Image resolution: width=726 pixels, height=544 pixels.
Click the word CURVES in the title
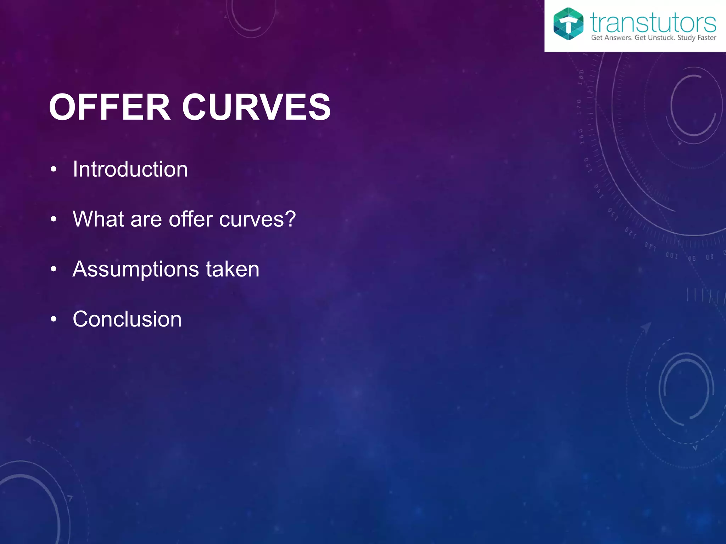click(x=256, y=107)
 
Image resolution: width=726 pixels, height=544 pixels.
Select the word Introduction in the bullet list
click(x=130, y=169)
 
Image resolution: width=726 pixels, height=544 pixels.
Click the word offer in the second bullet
click(x=190, y=219)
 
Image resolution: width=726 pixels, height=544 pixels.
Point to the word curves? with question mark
click(x=257, y=220)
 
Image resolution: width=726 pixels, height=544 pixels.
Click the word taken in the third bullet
click(x=233, y=269)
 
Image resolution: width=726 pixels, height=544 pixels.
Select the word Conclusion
click(x=127, y=319)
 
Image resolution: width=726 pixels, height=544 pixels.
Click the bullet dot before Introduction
click(x=54, y=170)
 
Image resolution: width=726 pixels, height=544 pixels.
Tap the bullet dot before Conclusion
click(x=54, y=319)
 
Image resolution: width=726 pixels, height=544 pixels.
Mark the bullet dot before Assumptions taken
click(x=54, y=270)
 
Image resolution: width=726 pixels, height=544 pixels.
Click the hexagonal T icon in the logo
click(x=568, y=24)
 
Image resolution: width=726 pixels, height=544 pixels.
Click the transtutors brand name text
click(x=653, y=23)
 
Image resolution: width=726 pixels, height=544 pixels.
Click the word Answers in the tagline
click(x=618, y=38)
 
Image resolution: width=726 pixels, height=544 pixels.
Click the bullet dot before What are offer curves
click(x=54, y=220)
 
